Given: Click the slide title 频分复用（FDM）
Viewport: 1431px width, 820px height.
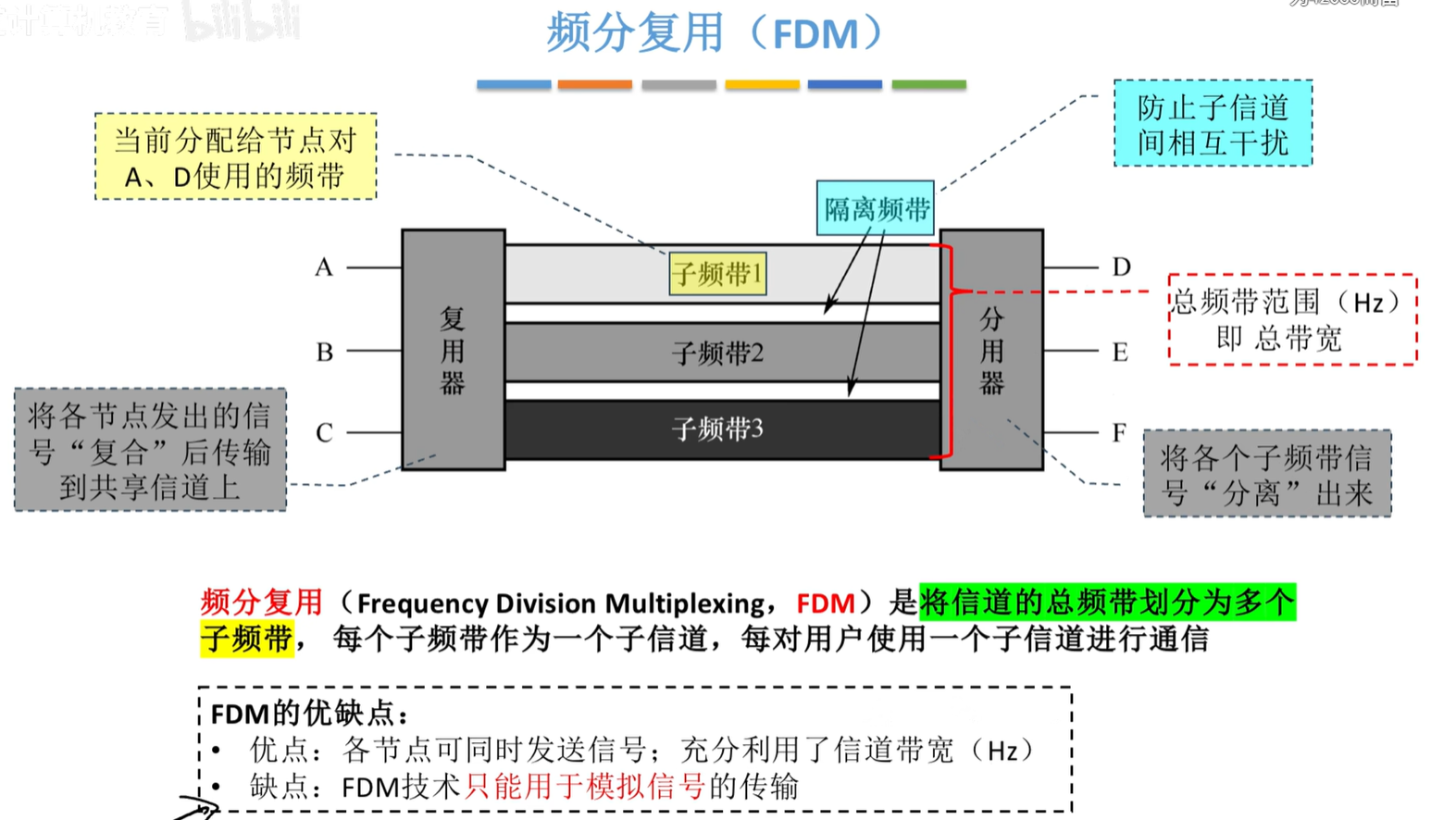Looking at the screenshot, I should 715,33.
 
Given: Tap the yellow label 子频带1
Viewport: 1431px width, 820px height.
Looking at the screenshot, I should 717,274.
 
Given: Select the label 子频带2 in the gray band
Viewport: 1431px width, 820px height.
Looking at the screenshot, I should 717,353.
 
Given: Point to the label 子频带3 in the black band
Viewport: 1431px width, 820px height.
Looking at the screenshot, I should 717,429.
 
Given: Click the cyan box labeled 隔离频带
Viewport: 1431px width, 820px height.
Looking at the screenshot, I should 875,209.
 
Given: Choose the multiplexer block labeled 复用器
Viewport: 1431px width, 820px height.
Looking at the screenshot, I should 453,350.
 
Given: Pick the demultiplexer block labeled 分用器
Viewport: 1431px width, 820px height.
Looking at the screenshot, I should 991,350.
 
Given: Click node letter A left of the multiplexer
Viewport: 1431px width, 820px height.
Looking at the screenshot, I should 323,267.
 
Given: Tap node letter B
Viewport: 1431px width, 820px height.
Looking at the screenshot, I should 324,353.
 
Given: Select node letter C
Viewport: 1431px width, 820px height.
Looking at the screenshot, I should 324,433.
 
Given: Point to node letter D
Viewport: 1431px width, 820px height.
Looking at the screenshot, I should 1121,267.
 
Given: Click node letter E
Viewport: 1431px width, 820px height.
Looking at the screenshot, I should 1120,353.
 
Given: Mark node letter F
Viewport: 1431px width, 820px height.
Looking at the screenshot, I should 1119,432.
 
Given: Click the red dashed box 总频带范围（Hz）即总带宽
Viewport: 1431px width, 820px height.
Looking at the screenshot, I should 1291,319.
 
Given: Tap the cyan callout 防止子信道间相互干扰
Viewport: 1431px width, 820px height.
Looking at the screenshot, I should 1213,124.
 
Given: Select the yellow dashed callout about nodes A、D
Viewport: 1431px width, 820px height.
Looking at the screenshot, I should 235,156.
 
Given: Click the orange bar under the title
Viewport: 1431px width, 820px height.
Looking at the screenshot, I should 594,84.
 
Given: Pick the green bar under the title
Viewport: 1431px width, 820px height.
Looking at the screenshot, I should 928,84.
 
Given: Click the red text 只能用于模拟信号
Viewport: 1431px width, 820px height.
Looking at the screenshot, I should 585,787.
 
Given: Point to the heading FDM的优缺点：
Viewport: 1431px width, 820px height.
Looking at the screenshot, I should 309,714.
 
